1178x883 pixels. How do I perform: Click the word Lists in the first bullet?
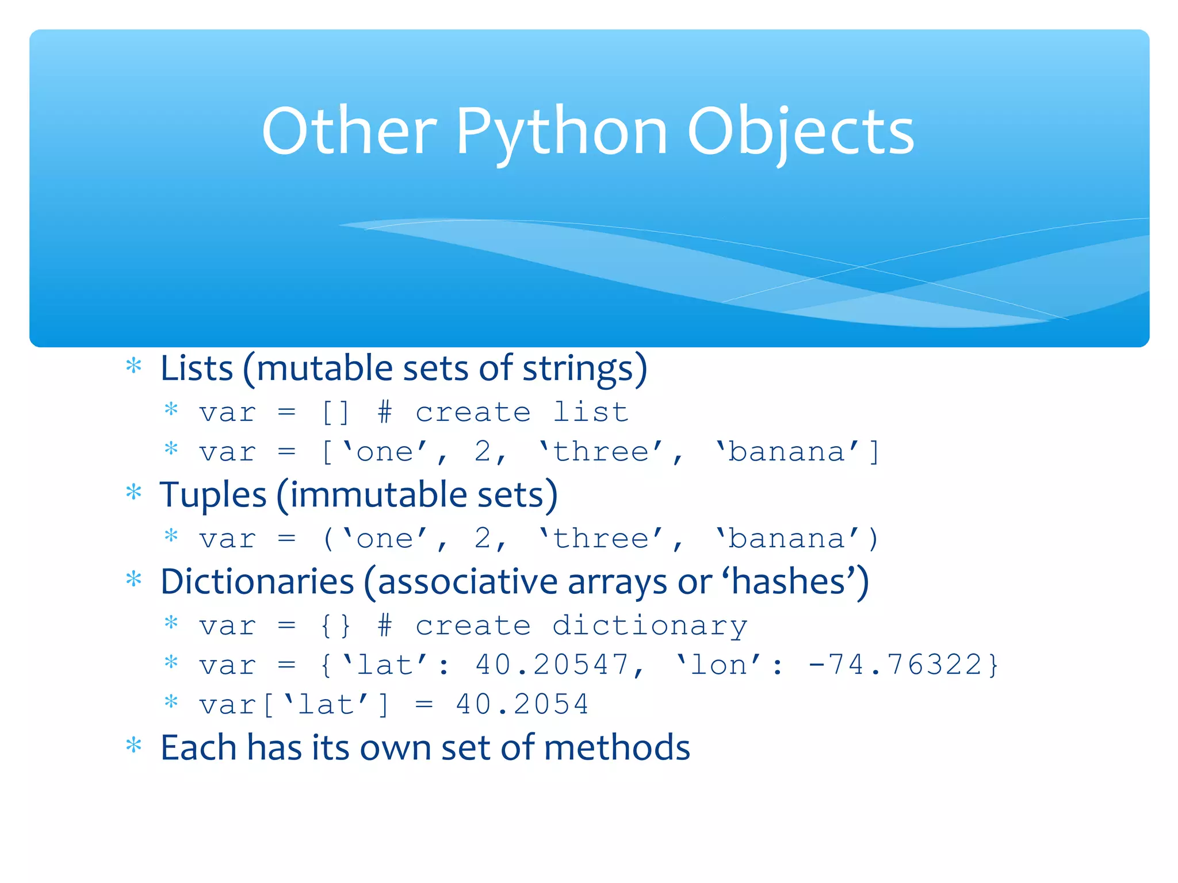click(x=197, y=368)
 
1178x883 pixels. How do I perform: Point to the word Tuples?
click(x=213, y=495)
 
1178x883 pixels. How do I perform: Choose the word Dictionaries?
click(x=257, y=582)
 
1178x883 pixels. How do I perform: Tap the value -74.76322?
click(x=903, y=665)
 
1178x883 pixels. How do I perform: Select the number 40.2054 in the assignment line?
click(x=522, y=705)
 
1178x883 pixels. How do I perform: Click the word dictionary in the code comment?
click(x=650, y=626)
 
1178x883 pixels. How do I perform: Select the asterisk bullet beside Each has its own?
click(x=134, y=746)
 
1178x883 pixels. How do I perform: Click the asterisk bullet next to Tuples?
click(x=134, y=493)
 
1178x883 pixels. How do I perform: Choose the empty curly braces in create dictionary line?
click(x=336, y=626)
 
